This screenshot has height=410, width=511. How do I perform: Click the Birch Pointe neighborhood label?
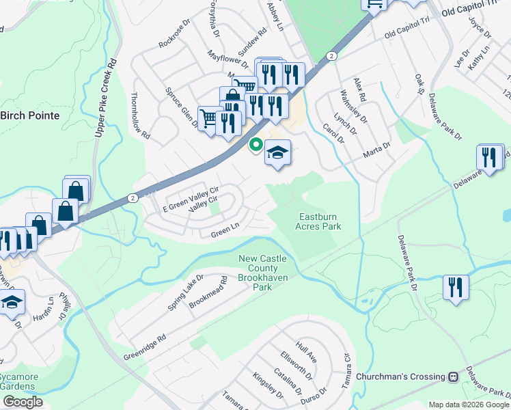coord(30,115)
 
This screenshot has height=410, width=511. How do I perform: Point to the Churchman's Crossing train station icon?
coord(452,377)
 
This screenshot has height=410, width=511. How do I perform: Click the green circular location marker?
coord(256,145)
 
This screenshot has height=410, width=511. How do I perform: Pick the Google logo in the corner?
coord(23,402)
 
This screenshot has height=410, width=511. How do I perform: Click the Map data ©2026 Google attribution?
coord(469,405)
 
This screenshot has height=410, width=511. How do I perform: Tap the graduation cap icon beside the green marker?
coord(278,153)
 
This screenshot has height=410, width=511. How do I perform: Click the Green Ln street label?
coord(223,233)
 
